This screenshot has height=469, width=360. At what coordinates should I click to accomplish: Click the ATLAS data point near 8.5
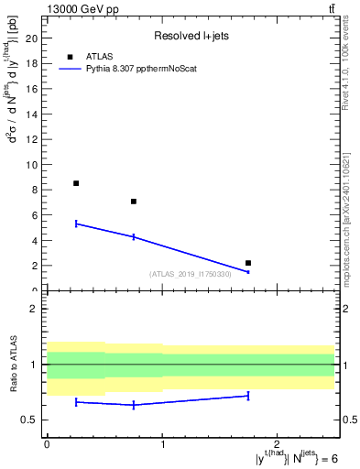[x=76, y=183]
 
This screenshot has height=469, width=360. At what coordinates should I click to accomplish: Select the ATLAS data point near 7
[x=134, y=202]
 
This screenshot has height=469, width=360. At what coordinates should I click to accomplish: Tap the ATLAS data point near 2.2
[x=248, y=263]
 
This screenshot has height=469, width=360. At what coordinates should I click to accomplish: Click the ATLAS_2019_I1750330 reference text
[x=191, y=274]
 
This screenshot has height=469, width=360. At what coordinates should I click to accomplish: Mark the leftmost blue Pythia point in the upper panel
[x=76, y=224]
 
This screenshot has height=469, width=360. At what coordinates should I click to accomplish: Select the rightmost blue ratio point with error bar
[x=248, y=396]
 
